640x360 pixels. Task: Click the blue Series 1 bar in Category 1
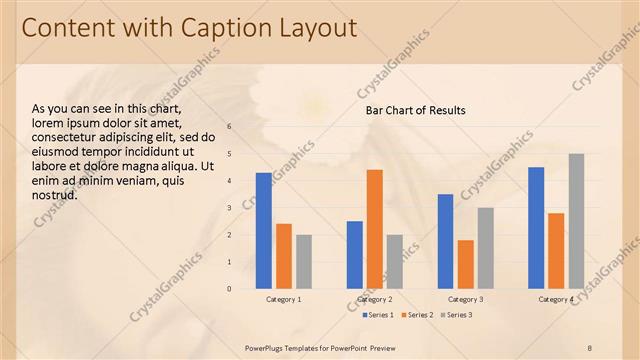(x=264, y=231)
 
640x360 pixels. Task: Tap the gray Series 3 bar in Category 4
(x=576, y=221)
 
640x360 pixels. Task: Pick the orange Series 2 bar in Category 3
(x=466, y=264)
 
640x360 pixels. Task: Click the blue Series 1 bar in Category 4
(x=536, y=228)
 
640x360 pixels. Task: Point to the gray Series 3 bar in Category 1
(x=304, y=262)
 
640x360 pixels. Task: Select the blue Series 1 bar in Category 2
(x=355, y=255)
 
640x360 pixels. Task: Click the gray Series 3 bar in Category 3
(x=486, y=248)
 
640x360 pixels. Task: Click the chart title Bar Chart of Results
(x=415, y=110)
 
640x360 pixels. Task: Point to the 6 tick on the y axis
(x=229, y=127)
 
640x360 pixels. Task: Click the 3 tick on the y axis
(x=229, y=208)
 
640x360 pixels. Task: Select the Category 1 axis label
(x=284, y=299)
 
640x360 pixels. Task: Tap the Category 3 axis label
(x=466, y=299)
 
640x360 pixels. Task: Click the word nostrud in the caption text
(x=55, y=195)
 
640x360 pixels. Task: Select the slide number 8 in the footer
(x=589, y=347)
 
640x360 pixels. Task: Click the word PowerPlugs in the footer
(x=269, y=347)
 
